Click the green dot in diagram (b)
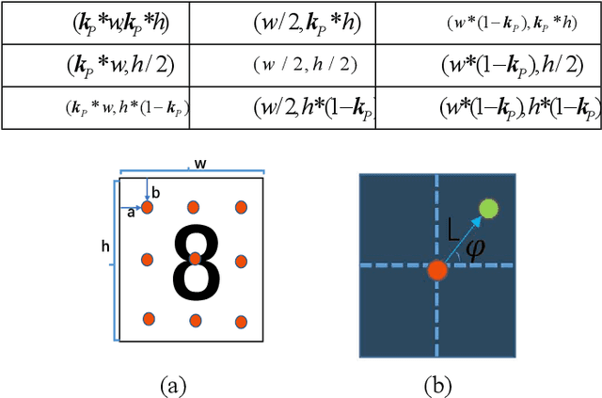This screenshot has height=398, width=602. point(488,209)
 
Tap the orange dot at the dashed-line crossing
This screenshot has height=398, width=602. point(436,270)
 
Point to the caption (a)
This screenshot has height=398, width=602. point(173,384)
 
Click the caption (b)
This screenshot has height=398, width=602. point(437,384)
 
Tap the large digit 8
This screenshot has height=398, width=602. point(196,263)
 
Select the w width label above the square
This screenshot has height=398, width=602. point(199,164)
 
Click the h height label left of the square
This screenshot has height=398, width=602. point(105,247)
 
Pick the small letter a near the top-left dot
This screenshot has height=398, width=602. point(131,213)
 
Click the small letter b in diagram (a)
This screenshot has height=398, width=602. point(156,193)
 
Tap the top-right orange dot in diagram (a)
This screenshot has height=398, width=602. point(240,207)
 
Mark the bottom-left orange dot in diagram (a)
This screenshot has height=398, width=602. point(148,319)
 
